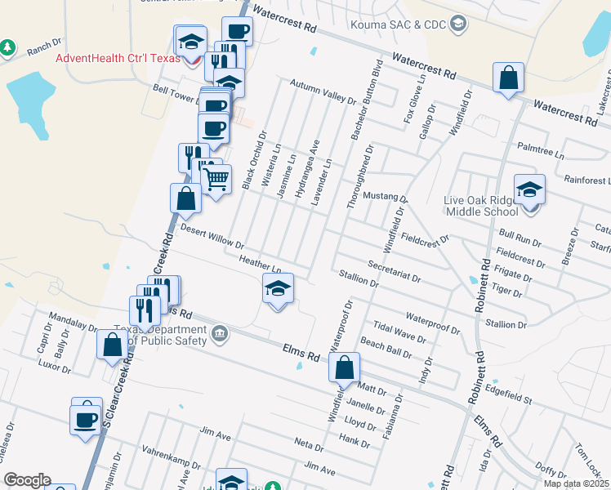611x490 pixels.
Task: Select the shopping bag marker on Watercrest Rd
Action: pos(508,79)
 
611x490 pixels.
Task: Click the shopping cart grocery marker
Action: pos(216,178)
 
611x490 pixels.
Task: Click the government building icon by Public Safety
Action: pos(221,332)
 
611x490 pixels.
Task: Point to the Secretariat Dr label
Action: pos(395,272)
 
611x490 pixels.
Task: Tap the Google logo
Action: pos(27,480)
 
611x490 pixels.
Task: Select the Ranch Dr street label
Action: pos(44,46)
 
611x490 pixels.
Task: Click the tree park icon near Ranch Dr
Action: pos(8,48)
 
